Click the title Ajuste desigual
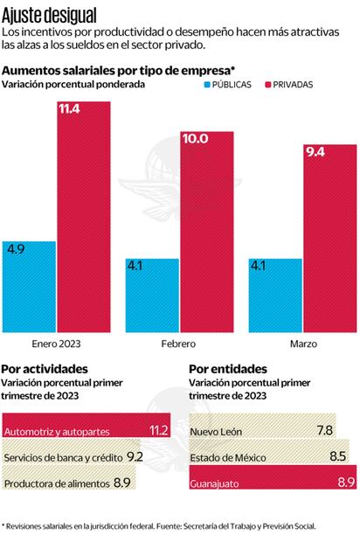point(49,15)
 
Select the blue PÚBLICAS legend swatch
point(208,85)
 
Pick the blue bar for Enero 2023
point(30,284)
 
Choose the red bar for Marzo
point(329,236)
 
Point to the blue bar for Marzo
point(275,293)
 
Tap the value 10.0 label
point(195,138)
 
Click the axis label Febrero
point(179,343)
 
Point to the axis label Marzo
point(302,343)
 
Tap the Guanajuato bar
point(271,483)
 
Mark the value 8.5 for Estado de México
point(336,456)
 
